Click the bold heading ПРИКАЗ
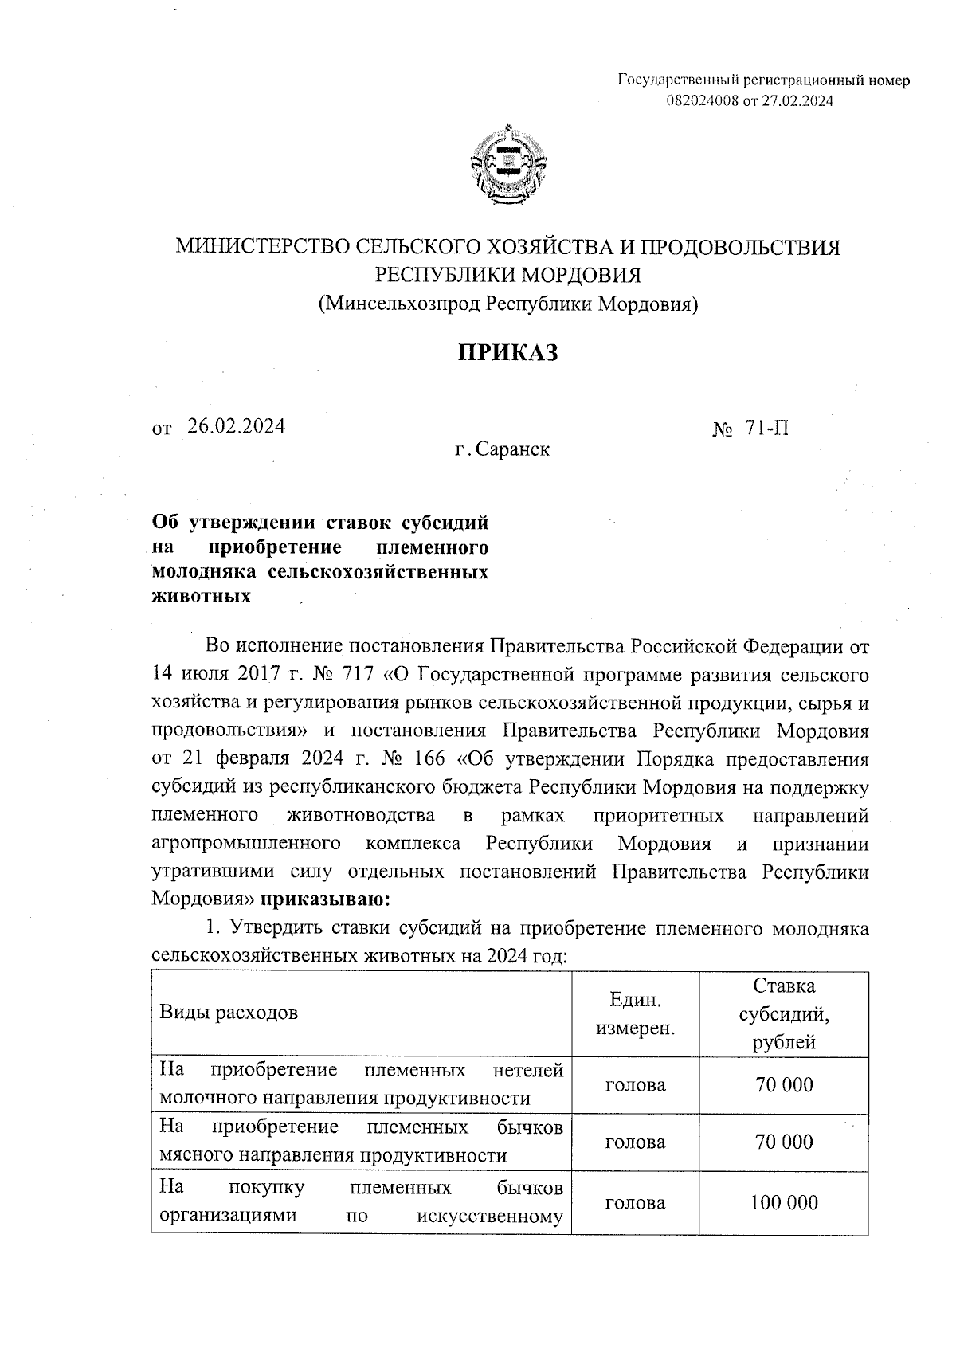point(507,351)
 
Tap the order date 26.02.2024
point(236,426)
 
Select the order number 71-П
point(767,429)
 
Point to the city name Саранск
point(514,450)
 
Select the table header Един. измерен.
point(635,1013)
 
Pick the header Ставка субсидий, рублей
point(783,1013)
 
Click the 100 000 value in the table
point(783,1203)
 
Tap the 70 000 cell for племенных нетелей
point(783,1084)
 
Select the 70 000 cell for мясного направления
point(783,1142)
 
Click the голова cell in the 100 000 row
point(635,1203)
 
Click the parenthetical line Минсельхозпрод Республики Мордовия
point(507,304)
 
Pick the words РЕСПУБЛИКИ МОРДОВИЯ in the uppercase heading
point(507,275)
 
